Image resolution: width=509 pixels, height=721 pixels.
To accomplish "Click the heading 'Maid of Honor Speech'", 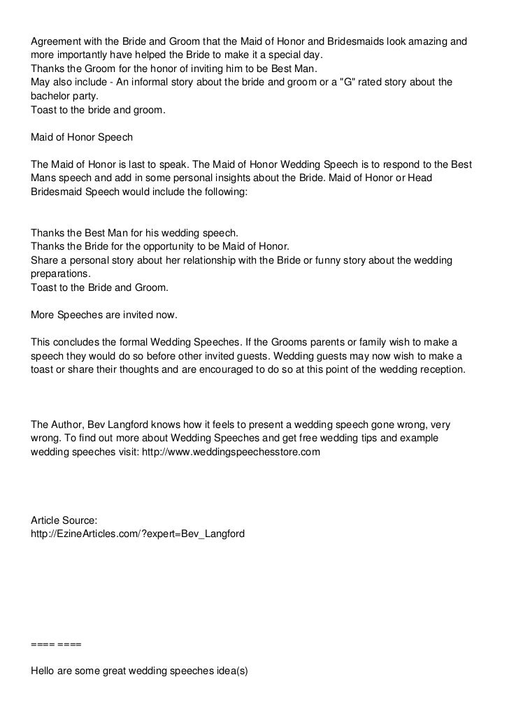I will pyautogui.click(x=82, y=137).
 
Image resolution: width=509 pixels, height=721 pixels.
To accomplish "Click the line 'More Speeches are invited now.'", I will pyautogui.click(x=104, y=315).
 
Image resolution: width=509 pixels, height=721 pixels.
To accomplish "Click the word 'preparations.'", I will pyautogui.click(x=61, y=273).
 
